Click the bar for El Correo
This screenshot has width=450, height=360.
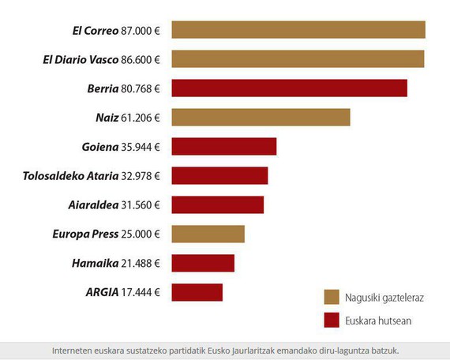[298, 30]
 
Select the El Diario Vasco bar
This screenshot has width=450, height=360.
[298, 59]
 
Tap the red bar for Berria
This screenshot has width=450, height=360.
[289, 88]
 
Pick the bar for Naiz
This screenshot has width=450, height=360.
[261, 118]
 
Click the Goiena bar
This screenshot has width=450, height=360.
[223, 147]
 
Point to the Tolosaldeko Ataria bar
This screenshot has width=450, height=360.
[219, 176]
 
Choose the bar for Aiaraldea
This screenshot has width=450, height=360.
[217, 205]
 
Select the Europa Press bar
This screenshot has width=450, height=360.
[208, 234]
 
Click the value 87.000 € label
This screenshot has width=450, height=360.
[141, 31]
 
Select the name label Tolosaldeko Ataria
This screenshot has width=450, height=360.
[69, 176]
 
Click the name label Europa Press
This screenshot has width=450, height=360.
[84, 234]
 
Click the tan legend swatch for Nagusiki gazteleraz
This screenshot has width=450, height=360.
[332, 297]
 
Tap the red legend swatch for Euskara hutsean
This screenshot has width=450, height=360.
[332, 321]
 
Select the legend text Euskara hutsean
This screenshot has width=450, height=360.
[377, 321]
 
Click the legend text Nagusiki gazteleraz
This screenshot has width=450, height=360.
[384, 298]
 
